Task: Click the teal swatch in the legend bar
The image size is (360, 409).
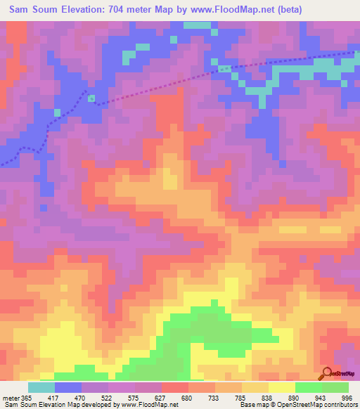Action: tap(41, 387)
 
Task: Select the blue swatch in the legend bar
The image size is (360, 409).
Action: tap(68, 387)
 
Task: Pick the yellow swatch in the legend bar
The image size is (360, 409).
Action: tap(282, 387)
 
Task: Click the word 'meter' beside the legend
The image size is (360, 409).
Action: tap(11, 398)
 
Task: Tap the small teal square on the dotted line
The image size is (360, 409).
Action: tap(91, 98)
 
